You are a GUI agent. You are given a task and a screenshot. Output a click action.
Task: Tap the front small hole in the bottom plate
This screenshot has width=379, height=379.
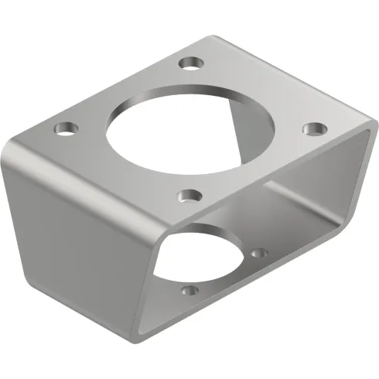click(188, 292)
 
